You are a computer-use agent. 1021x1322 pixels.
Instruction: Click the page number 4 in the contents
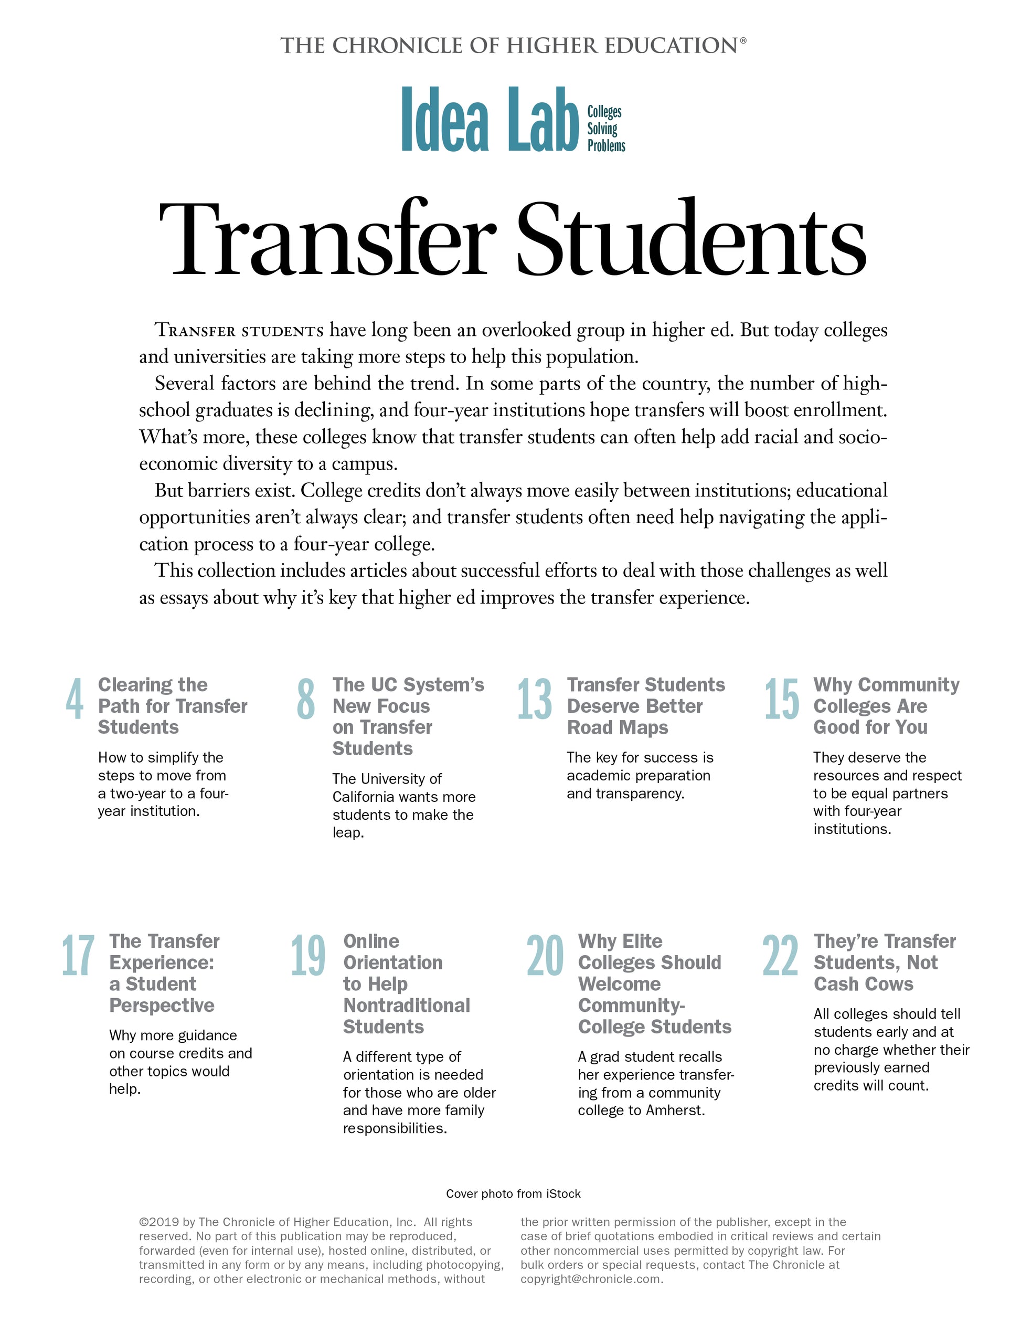click(x=75, y=699)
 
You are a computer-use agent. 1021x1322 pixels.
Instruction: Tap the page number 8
click(x=306, y=699)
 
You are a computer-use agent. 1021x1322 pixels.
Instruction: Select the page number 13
click(x=535, y=699)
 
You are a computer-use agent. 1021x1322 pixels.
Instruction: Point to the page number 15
click(x=781, y=699)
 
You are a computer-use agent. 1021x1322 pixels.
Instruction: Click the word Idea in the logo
click(x=445, y=119)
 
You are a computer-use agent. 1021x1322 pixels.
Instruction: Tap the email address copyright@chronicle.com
click(x=591, y=1279)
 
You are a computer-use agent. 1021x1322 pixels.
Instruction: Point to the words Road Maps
click(x=618, y=727)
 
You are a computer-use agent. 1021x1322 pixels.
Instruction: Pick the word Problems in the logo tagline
click(x=606, y=146)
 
